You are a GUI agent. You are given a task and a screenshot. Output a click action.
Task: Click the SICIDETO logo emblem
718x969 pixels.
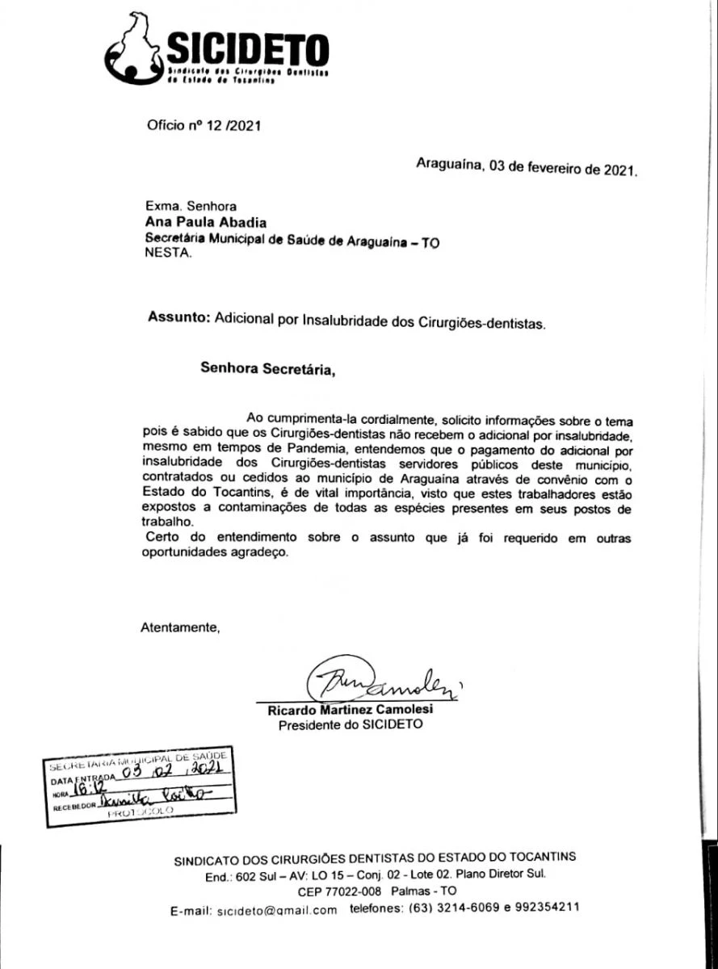click(x=134, y=50)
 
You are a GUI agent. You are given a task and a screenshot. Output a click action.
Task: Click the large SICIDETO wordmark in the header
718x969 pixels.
click(x=246, y=50)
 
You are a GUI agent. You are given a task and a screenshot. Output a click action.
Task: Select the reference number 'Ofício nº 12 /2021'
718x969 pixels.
click(x=204, y=125)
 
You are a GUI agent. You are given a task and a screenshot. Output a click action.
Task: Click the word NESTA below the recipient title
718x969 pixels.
click(x=168, y=253)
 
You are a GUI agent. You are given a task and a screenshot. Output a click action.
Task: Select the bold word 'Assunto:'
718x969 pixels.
click(x=179, y=318)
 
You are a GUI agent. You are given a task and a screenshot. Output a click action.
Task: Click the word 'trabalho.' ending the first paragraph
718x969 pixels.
click(x=165, y=522)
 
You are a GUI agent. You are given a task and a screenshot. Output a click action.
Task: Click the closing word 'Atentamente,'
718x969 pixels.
click(x=180, y=626)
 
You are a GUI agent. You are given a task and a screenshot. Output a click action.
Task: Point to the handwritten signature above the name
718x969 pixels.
click(x=380, y=683)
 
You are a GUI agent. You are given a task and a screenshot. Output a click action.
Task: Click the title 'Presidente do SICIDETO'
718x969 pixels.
click(x=351, y=725)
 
